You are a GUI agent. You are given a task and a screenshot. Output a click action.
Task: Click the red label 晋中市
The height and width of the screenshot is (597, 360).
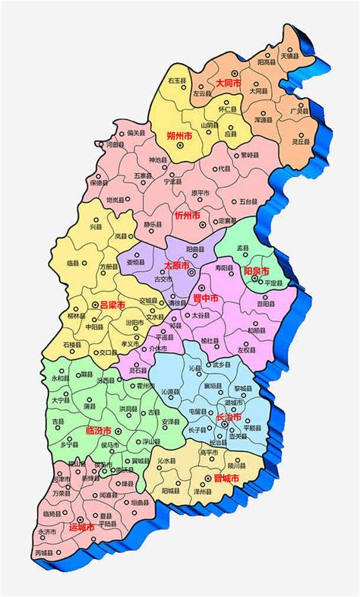204,299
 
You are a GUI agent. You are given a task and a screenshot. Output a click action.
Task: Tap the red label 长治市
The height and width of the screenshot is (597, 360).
228,417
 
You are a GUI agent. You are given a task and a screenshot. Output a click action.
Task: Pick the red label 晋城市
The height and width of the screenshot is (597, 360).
226,478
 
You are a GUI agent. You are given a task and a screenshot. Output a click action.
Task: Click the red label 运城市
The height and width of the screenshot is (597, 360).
81,526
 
